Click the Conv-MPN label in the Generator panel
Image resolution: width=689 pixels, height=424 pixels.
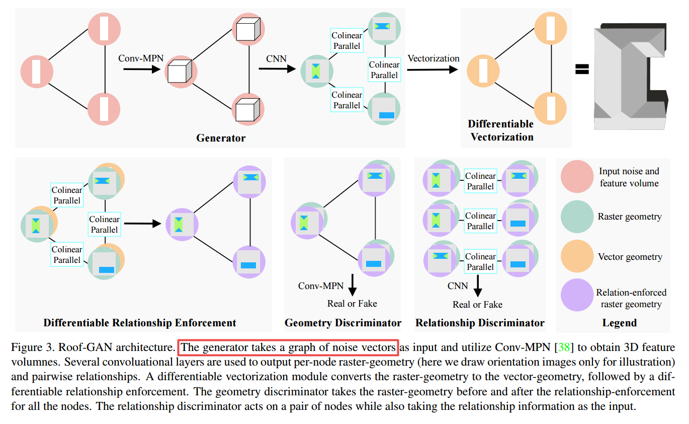[x=141, y=58]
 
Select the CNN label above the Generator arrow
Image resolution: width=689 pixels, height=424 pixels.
[x=276, y=59]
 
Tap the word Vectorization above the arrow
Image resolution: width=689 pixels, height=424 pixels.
[x=433, y=58]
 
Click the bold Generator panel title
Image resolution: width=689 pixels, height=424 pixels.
[x=221, y=138]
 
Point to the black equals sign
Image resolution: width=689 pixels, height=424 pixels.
[x=582, y=69]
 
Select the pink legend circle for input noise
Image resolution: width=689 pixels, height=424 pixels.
[x=577, y=177]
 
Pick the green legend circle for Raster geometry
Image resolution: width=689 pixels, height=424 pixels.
[x=577, y=217]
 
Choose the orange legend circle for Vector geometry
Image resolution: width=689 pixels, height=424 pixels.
[x=577, y=256]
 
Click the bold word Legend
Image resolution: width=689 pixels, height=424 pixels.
[x=619, y=323]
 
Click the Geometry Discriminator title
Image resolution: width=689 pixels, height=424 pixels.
[x=343, y=323]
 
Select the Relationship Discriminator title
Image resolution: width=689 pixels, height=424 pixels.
[x=480, y=323]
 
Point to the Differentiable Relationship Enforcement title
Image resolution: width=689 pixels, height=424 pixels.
[x=140, y=323]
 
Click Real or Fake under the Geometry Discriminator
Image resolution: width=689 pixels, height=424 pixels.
[x=352, y=304]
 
